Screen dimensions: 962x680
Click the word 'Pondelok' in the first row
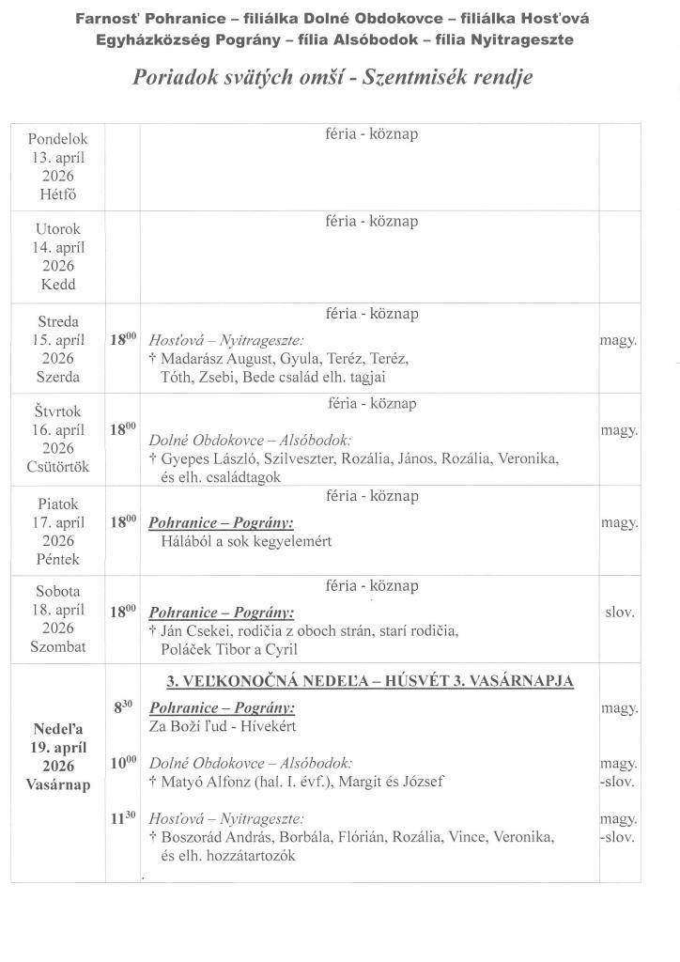[x=58, y=140]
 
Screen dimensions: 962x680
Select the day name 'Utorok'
[x=58, y=229]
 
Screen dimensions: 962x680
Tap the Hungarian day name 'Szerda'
[x=58, y=377]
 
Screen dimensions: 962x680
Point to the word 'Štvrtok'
[x=58, y=411]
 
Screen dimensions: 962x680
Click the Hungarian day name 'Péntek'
[x=58, y=559]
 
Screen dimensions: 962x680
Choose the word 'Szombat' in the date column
[x=58, y=647]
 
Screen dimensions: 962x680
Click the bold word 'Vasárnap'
[x=58, y=784]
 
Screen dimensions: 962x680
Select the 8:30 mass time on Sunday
[x=123, y=707]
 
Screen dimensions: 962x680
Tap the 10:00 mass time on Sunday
[x=123, y=763]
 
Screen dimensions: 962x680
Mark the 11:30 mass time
[x=123, y=818]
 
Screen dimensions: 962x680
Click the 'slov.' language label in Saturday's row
[x=619, y=612]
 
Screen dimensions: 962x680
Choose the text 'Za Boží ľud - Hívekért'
[x=216, y=726]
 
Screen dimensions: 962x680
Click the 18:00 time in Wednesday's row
[x=123, y=340]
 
